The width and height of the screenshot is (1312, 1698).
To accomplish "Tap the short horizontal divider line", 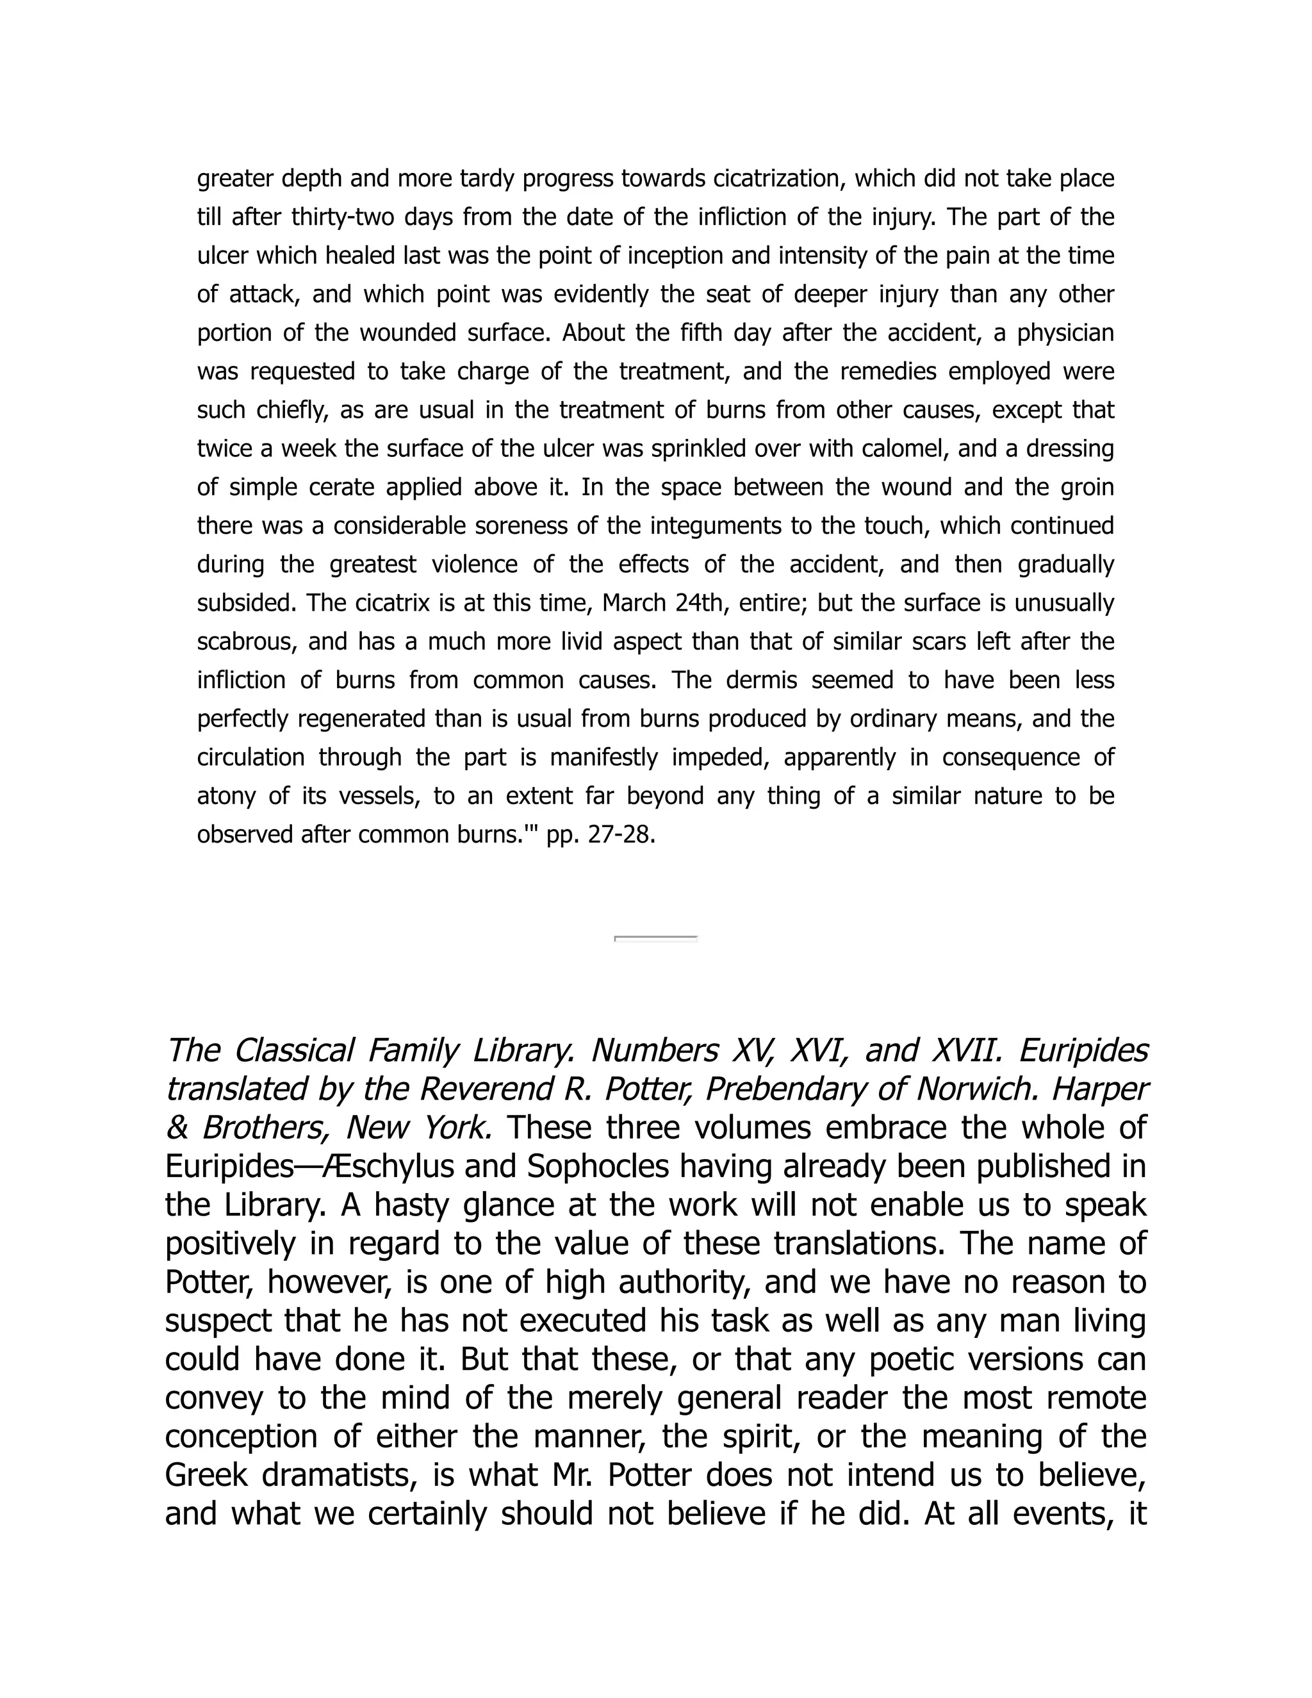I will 655,939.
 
